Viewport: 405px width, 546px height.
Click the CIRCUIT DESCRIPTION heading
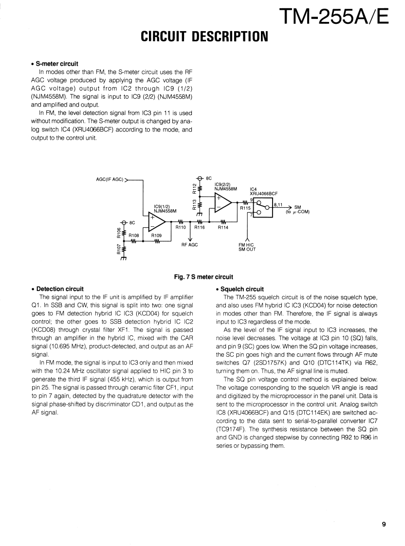pyautogui.click(x=204, y=36)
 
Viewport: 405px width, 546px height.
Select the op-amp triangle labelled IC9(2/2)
pyautogui.click(x=223, y=202)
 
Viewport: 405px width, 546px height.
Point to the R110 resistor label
pyautogui.click(x=181, y=227)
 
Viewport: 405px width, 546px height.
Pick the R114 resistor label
pyautogui.click(x=223, y=227)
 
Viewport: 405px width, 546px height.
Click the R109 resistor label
pyautogui.click(x=156, y=235)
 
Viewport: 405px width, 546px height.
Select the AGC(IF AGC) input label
pyautogui.click(x=110, y=179)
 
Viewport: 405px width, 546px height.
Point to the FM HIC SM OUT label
pyautogui.click(x=247, y=247)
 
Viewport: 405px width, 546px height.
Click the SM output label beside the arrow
pyautogui.click(x=298, y=206)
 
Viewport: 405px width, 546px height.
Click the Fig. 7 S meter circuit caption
pyautogui.click(x=203, y=277)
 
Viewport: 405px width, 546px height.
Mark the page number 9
pyautogui.click(x=384, y=524)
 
